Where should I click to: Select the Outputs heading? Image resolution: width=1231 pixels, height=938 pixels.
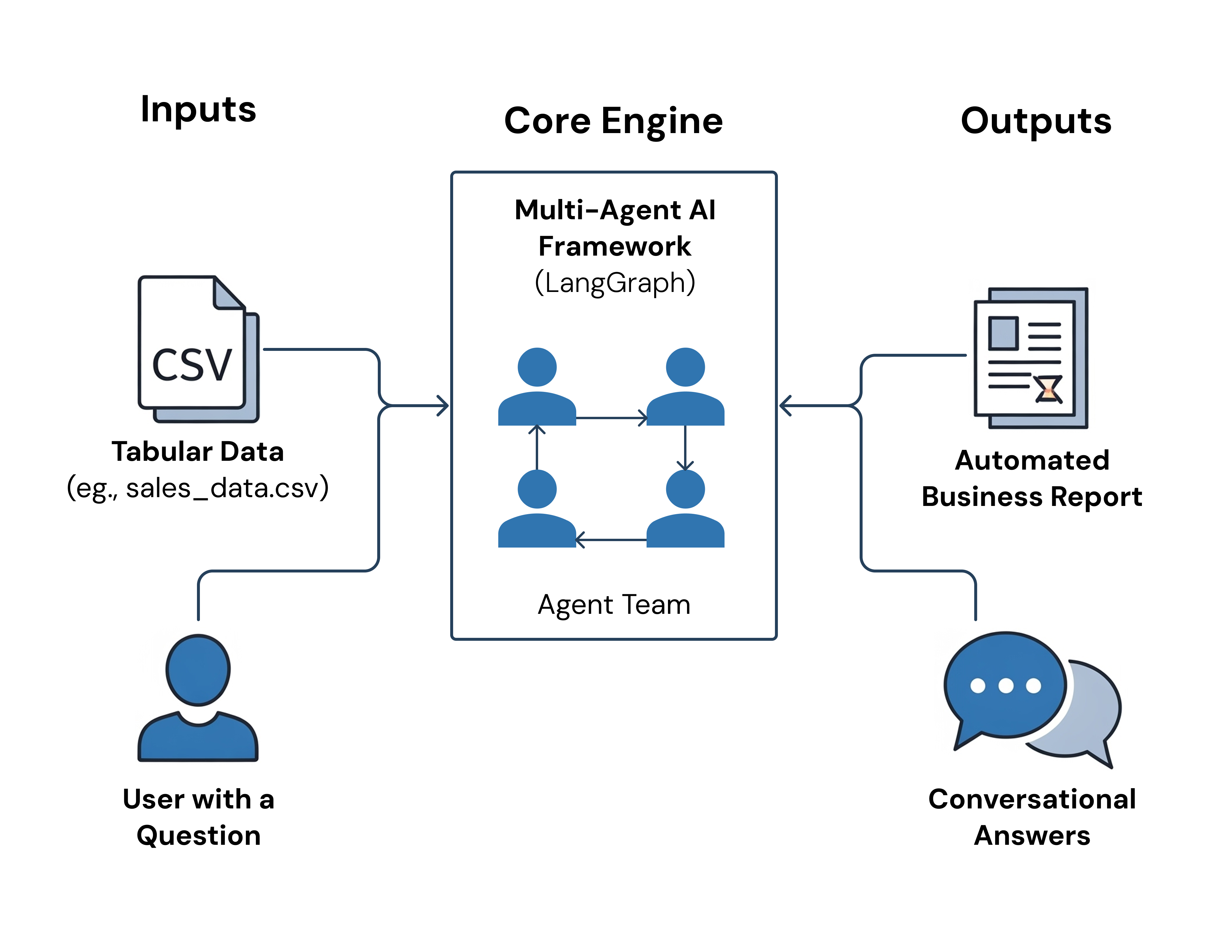click(1036, 121)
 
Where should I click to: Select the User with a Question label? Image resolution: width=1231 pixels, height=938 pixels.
click(198, 817)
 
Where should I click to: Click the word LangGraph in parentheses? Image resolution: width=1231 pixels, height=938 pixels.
click(615, 283)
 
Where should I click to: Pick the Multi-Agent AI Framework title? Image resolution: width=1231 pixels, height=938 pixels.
click(615, 228)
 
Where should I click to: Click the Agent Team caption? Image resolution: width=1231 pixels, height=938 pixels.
click(614, 605)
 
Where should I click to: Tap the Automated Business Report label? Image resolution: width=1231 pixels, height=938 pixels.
click(1032, 478)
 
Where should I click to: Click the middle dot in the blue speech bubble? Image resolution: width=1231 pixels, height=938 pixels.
click(1005, 686)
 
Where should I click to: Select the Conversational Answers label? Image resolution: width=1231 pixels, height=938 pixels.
click(1032, 817)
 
